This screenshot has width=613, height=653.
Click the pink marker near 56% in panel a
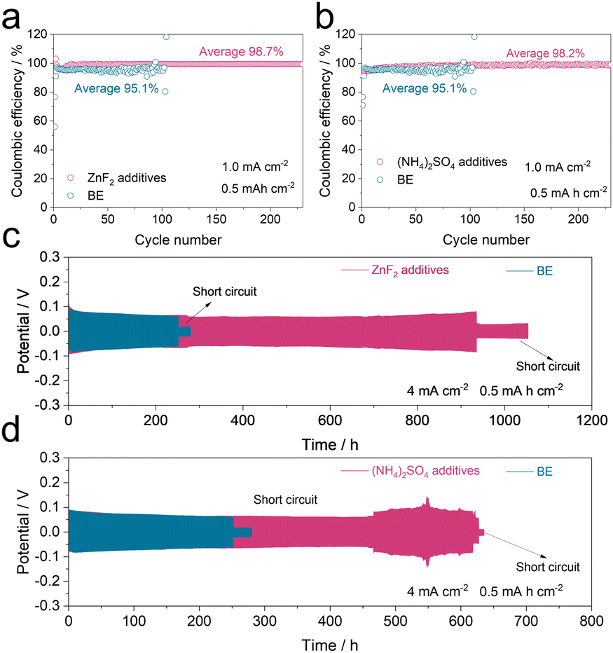(x=54, y=127)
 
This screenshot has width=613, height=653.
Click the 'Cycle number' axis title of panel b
(x=485, y=240)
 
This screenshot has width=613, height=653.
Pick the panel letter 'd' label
(x=15, y=450)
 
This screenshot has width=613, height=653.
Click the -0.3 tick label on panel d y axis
(x=46, y=607)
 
